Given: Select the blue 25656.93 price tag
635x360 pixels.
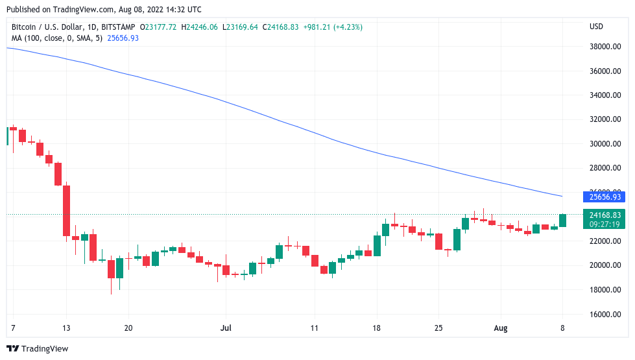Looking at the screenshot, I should pos(605,197).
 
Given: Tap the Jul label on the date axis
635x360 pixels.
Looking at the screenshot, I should pos(226,328).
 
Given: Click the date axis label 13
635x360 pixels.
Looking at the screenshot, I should pos(66,328).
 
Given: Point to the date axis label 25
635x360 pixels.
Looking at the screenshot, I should pos(438,328).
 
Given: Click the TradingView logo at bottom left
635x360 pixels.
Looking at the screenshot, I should pos(38,349).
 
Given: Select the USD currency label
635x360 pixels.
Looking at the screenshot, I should pos(595,27).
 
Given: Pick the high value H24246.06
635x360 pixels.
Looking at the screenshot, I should pos(200,27).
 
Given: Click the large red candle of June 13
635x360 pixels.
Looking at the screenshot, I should pos(66,211).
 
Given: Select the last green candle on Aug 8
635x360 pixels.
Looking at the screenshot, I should pos(562,221).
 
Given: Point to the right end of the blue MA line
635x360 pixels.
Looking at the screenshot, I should pos(562,196).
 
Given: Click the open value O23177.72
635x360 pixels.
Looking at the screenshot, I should pos(162,27).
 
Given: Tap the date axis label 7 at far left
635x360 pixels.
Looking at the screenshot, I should pos(13,328).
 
